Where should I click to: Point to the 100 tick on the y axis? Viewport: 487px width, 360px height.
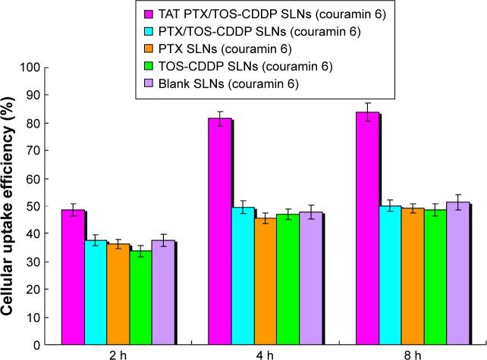42,67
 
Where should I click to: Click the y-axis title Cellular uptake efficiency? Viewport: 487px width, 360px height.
13,205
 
